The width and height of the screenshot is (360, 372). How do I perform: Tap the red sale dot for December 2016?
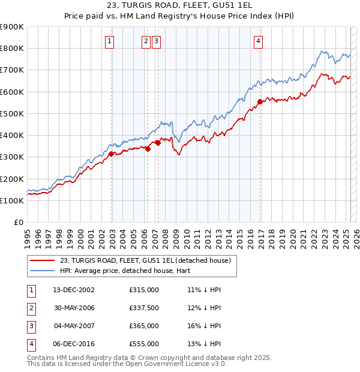coord(260,101)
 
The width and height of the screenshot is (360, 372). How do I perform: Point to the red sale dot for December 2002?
coord(112,154)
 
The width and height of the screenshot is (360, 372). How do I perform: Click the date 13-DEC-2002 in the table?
coord(74,290)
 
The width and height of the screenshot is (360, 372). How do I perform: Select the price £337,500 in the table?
coord(144,308)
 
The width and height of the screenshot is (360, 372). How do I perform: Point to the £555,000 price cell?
coord(144,344)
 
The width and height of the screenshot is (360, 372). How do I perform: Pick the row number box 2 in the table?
coord(30,308)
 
